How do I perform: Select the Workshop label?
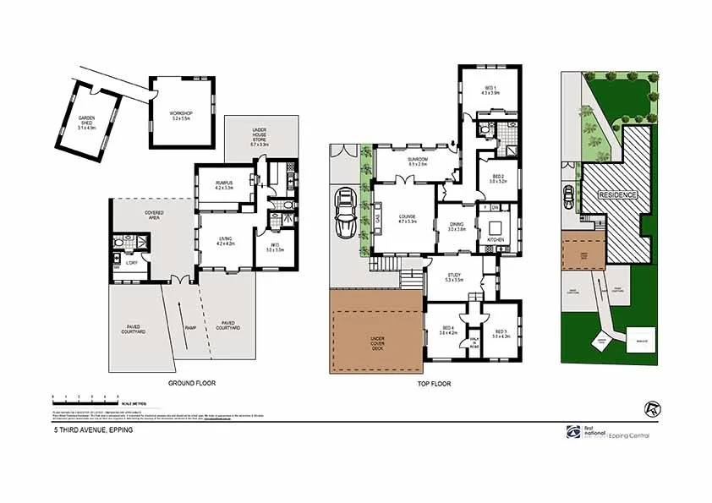182,115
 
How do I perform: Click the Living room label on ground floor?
224,241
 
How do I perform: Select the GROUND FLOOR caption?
191,384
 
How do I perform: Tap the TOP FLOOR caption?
435,384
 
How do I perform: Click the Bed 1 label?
491,90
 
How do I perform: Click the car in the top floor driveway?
346,216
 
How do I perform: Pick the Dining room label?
457,226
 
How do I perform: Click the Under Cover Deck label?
376,342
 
